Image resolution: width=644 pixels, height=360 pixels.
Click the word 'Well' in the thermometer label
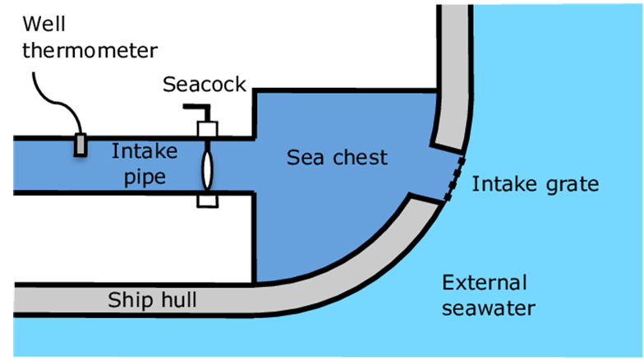click(44, 24)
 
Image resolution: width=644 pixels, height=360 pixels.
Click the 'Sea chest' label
click(337, 157)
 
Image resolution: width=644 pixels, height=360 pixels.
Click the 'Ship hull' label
click(153, 300)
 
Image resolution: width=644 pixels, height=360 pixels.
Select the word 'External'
click(484, 284)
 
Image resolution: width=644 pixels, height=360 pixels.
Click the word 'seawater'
click(489, 309)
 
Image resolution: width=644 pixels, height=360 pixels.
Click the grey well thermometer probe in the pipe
click(80, 145)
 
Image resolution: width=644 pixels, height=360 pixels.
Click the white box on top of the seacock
click(206, 130)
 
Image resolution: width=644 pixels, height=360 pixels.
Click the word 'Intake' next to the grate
click(500, 184)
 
